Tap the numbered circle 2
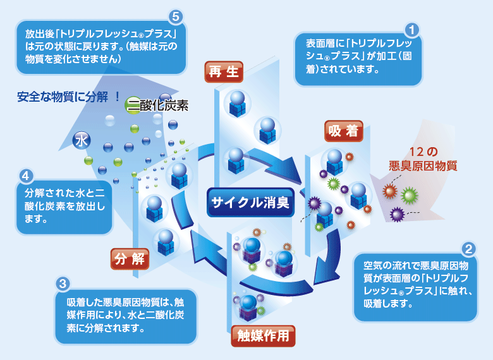(468, 249)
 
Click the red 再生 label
(224, 72)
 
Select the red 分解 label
(130, 258)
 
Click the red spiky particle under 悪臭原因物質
(390, 190)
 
